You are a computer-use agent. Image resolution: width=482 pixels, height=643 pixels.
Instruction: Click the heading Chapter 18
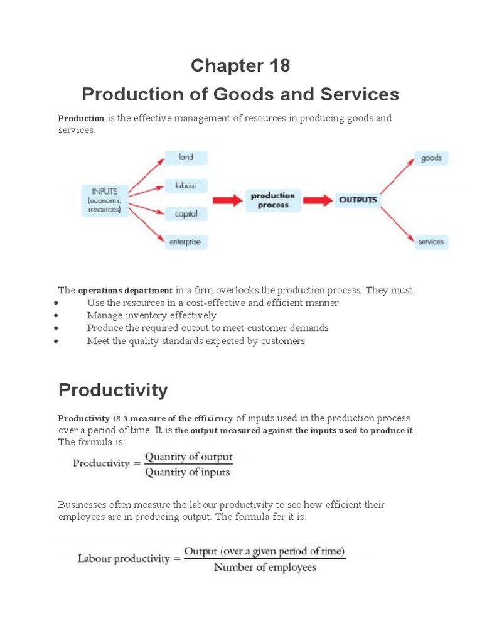tap(240, 65)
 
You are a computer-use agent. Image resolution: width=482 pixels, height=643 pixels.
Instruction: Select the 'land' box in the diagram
tap(186, 158)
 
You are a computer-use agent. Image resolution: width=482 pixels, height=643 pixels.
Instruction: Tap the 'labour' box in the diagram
tap(186, 186)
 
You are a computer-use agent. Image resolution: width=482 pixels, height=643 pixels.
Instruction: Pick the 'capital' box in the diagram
tap(186, 214)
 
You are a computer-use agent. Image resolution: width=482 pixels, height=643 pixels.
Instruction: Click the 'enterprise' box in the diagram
tap(185, 242)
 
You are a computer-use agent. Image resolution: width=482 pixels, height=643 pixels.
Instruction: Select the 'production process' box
tap(273, 200)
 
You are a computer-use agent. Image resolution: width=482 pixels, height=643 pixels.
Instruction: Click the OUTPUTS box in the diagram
tap(358, 200)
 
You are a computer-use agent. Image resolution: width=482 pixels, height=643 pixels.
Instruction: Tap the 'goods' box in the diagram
tap(431, 158)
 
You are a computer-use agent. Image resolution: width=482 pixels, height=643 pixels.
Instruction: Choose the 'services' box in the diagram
tap(431, 242)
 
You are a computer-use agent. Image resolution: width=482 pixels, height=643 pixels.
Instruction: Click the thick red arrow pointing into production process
tap(227, 200)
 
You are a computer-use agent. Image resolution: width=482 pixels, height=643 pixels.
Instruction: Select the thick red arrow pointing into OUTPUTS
tap(318, 200)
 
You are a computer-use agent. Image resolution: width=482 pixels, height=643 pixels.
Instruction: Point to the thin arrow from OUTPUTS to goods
tap(397, 176)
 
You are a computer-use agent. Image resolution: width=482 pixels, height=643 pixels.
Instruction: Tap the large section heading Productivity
tap(113, 390)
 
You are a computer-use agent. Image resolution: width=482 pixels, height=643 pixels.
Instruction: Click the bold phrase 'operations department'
tap(125, 291)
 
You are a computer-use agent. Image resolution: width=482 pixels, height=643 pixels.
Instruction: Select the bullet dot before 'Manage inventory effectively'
tap(56, 316)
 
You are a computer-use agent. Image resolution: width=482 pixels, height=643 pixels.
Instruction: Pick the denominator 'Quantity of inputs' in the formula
tap(188, 472)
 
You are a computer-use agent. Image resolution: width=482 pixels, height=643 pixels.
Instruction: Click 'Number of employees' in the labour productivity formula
tap(265, 567)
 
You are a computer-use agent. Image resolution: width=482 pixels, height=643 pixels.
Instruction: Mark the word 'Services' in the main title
tap(358, 94)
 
